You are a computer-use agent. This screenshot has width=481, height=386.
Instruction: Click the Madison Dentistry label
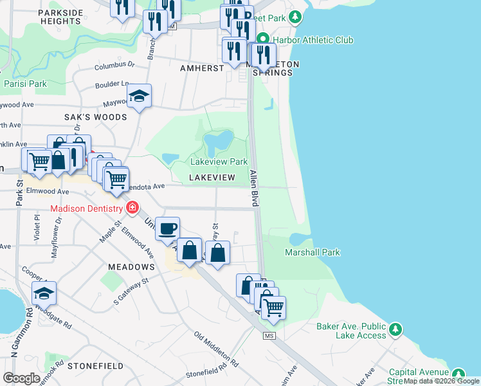click(x=87, y=208)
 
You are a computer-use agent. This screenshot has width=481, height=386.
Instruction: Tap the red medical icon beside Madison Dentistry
click(x=132, y=207)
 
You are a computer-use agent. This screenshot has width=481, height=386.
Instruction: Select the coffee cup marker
click(x=168, y=229)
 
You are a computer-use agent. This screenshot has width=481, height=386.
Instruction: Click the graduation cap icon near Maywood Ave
click(x=139, y=96)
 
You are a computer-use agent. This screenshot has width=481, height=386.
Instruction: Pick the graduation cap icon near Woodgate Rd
click(x=44, y=293)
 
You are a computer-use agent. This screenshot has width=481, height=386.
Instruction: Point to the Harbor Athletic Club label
click(x=313, y=40)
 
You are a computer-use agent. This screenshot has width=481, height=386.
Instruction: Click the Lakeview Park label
click(x=219, y=161)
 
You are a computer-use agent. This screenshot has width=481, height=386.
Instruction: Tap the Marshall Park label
click(x=313, y=252)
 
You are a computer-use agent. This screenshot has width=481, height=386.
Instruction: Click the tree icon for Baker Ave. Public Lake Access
click(x=397, y=328)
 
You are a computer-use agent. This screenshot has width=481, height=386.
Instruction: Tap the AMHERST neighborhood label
click(x=201, y=68)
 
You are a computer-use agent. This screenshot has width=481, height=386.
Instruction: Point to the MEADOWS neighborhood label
click(x=131, y=266)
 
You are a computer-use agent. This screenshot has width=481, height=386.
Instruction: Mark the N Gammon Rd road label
click(x=13, y=335)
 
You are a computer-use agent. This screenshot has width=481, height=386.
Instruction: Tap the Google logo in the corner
click(x=21, y=378)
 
